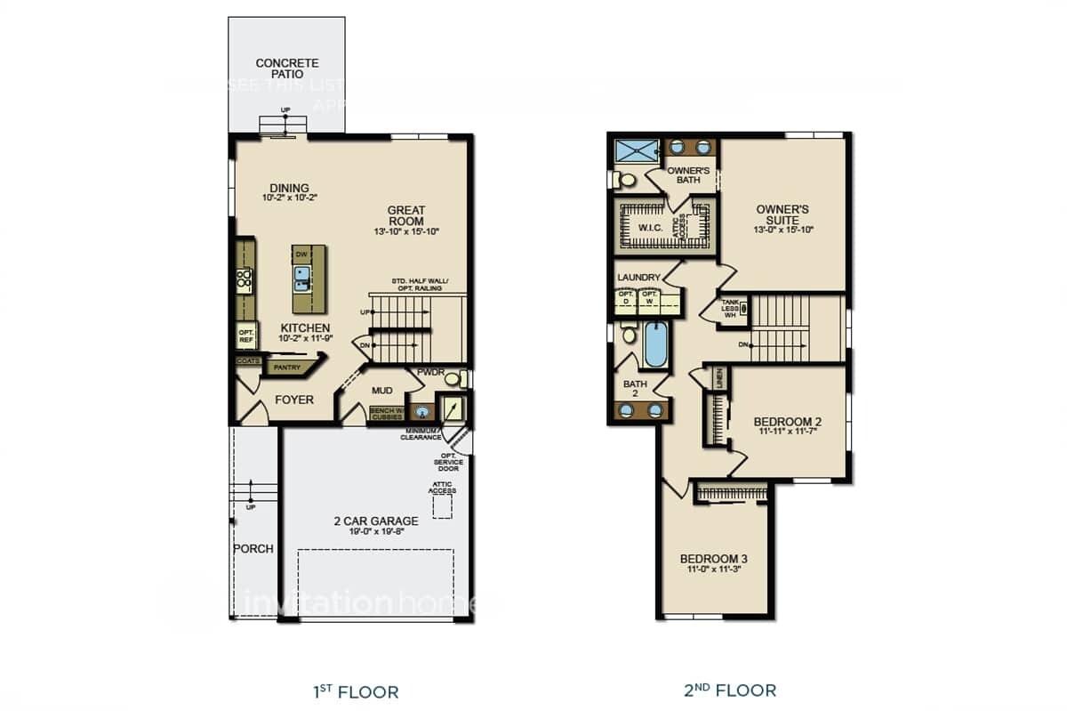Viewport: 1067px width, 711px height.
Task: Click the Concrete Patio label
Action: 286,69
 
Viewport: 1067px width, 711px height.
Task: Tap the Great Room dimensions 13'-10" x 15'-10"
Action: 406,231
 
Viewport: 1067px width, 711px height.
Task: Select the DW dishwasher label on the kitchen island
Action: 302,255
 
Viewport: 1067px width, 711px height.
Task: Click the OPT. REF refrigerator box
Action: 246,336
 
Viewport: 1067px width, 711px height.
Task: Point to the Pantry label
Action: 287,367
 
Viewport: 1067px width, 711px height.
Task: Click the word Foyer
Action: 293,400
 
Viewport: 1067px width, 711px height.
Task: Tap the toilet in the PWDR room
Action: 454,379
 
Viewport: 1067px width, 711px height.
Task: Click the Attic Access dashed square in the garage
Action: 441,506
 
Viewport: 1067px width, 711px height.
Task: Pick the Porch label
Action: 253,548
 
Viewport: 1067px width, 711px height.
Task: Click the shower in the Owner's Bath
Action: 635,148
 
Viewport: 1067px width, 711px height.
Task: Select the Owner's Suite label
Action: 782,214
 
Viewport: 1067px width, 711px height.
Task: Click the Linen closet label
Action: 720,377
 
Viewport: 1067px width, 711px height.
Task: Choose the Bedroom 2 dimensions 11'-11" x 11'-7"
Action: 787,432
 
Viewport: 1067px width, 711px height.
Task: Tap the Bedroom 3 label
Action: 713,559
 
